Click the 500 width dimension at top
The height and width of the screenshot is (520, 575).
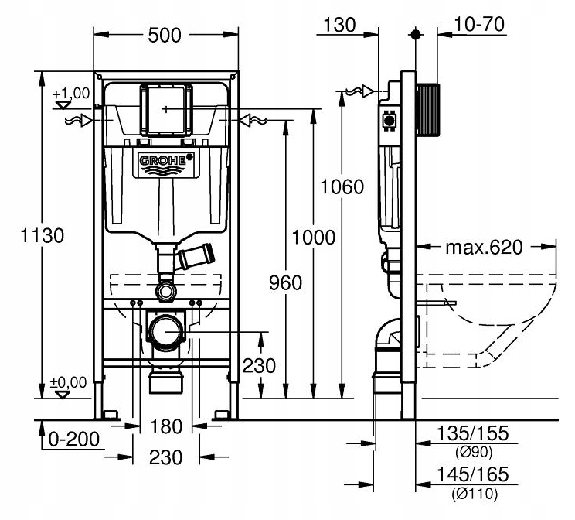coord(164,36)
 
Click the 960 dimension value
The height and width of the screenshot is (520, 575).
coord(284,283)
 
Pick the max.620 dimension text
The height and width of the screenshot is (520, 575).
coord(485,248)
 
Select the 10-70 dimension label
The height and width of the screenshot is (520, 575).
coord(480,25)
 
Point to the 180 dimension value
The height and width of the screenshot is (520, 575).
coord(165,426)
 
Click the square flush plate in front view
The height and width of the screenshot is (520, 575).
coord(165,111)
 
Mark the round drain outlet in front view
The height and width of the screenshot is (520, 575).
coord(165,331)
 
